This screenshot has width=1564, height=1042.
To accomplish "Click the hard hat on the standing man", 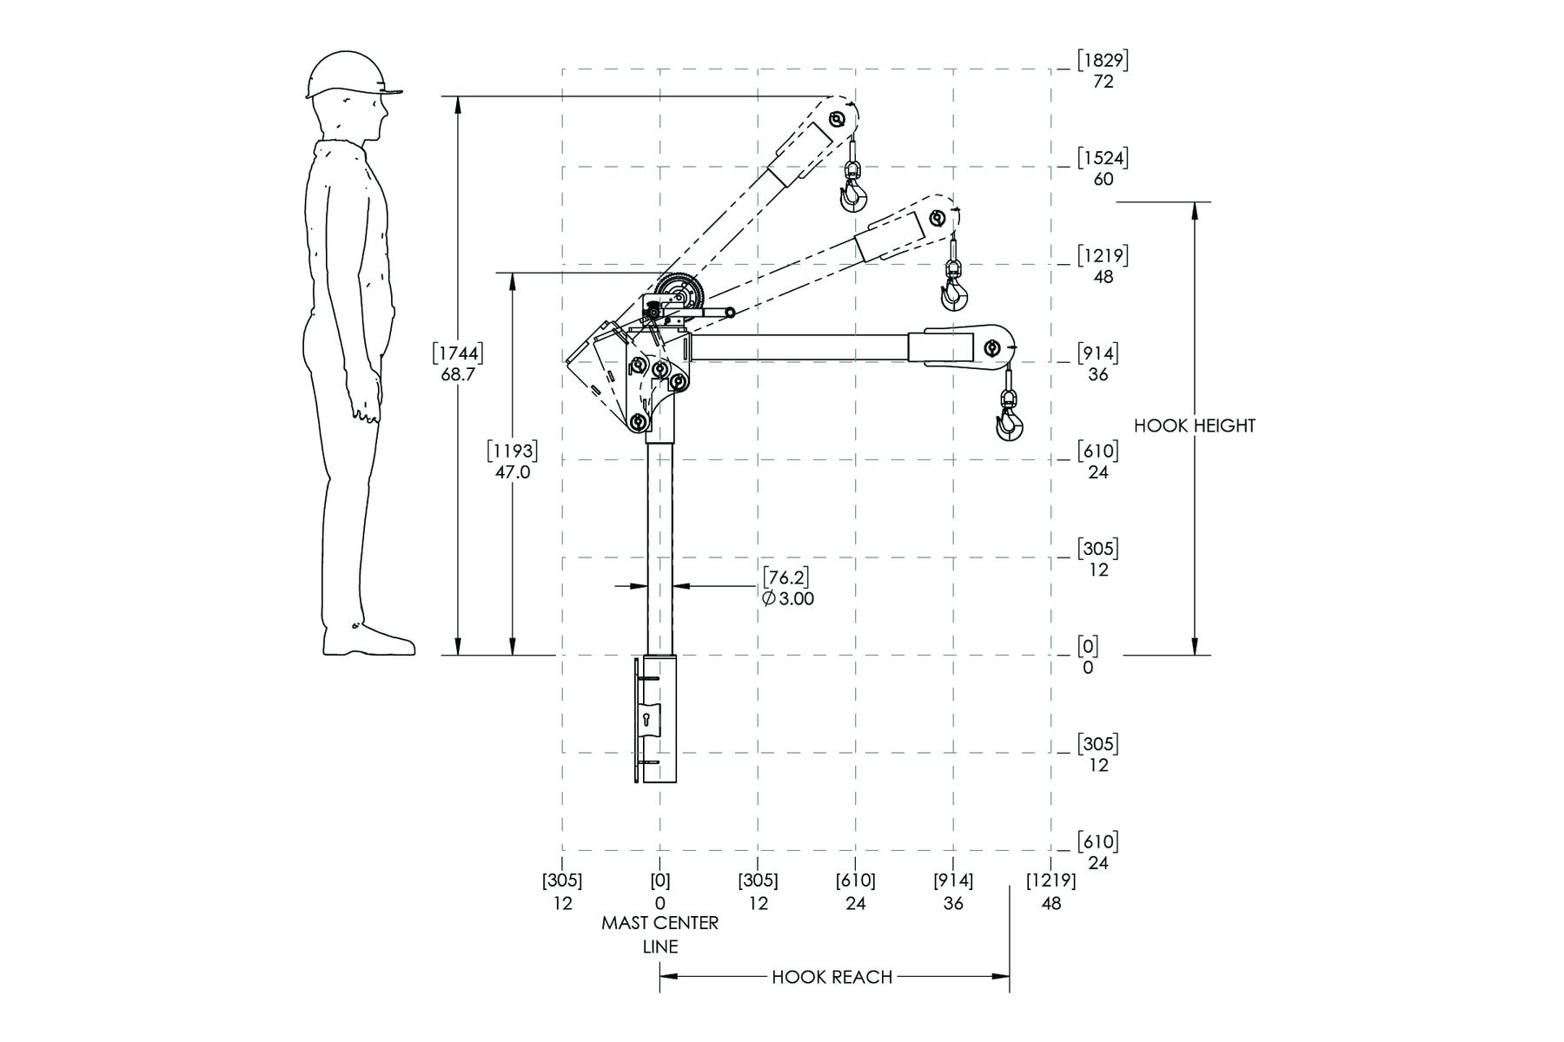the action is click(x=352, y=76).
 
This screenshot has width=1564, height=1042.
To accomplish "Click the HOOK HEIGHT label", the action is click(x=1195, y=425).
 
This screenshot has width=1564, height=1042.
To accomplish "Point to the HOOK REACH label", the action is click(x=832, y=977).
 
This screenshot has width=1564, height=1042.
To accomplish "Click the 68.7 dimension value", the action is click(x=458, y=374).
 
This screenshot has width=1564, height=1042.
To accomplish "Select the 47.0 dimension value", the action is click(x=513, y=472).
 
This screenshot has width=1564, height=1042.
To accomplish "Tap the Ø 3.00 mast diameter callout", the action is click(x=788, y=598).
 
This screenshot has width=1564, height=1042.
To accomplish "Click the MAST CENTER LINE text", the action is click(x=660, y=934).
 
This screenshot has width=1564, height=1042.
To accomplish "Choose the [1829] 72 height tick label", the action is click(x=1103, y=70).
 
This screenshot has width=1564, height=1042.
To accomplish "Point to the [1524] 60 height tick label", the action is click(x=1103, y=168).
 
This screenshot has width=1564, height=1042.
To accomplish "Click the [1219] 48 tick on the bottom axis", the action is click(x=1051, y=892).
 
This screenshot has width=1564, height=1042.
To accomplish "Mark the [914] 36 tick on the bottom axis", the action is click(x=953, y=892).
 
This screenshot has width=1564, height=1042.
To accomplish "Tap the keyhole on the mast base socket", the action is click(x=647, y=720).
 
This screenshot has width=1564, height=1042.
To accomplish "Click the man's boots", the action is click(x=368, y=640).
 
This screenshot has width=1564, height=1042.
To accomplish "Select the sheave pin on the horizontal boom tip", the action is click(x=991, y=349).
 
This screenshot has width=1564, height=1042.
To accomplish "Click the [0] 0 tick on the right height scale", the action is click(x=1088, y=656).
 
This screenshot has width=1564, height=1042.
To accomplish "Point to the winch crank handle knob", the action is click(x=731, y=313).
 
